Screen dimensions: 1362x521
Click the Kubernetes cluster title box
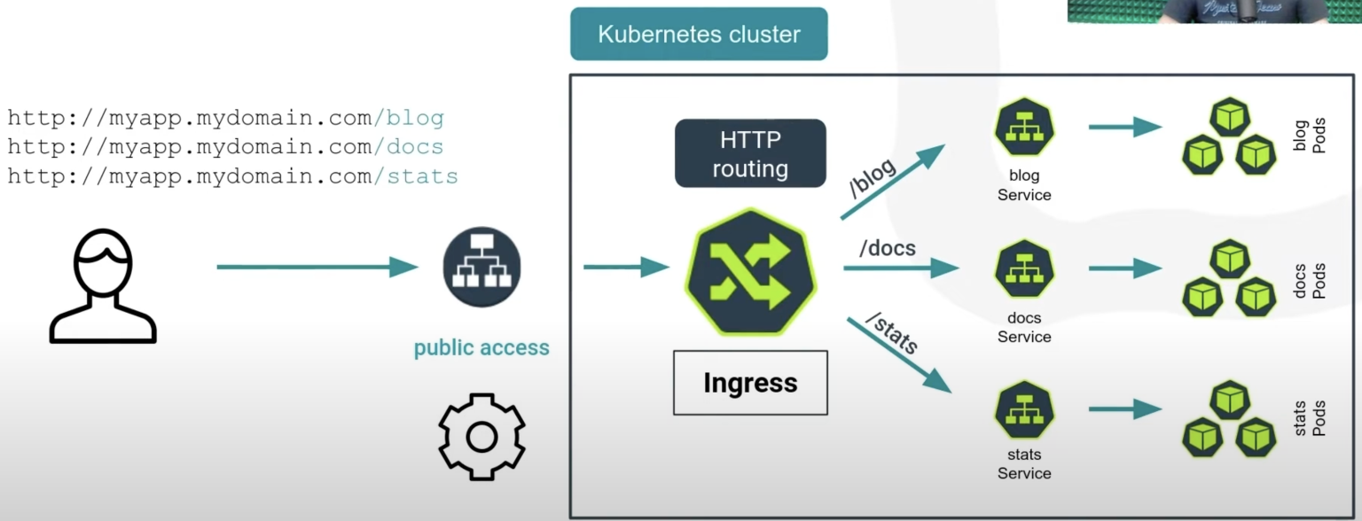[x=699, y=34]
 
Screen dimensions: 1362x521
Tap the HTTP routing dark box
[x=750, y=153]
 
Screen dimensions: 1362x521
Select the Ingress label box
[x=750, y=383]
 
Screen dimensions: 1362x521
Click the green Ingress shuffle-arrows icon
[x=750, y=272]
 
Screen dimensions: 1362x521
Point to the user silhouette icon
[x=103, y=286]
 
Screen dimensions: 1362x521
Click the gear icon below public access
[x=481, y=437]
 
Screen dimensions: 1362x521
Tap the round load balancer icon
[x=481, y=267]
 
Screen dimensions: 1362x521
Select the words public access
[x=481, y=348]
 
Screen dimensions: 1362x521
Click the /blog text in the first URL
[x=409, y=117]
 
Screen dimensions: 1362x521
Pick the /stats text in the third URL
[x=416, y=176]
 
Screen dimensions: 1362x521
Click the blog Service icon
[x=1024, y=127]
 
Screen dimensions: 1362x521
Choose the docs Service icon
[x=1024, y=269]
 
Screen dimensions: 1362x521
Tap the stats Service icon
[x=1024, y=410]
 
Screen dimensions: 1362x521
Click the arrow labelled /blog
[x=893, y=182]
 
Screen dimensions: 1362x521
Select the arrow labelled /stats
[x=899, y=355]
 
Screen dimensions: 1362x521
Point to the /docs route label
[x=887, y=248]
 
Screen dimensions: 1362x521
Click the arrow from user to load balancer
[x=317, y=267]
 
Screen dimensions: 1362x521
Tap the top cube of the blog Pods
[x=1230, y=117]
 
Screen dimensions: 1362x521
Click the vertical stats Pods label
[x=1310, y=418]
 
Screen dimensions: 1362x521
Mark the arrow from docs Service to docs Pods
[x=1125, y=268]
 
